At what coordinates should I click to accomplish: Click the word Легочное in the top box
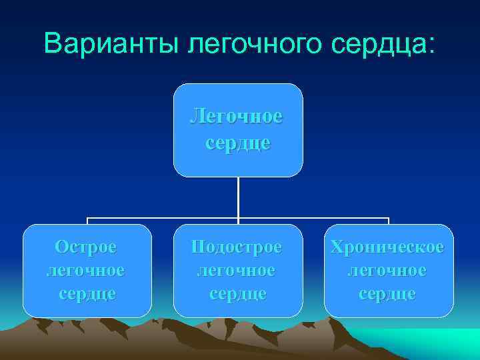point(237,116)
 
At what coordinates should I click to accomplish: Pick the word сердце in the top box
point(237,143)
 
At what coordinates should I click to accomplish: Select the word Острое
point(86,247)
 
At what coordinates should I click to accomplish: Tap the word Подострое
point(237,247)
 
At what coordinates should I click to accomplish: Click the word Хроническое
point(387,247)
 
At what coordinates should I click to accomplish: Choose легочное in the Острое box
point(86,270)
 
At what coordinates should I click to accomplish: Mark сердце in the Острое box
point(87,293)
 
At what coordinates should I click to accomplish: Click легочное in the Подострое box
point(237,270)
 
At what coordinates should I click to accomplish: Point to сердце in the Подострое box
point(237,293)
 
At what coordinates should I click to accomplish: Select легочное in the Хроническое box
point(387,270)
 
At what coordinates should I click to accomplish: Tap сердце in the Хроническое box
point(388,293)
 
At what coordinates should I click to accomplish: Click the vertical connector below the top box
point(238,197)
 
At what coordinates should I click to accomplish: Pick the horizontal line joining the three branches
point(167,218)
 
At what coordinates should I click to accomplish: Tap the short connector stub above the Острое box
point(87,221)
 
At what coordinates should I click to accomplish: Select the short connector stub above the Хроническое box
point(389,221)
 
